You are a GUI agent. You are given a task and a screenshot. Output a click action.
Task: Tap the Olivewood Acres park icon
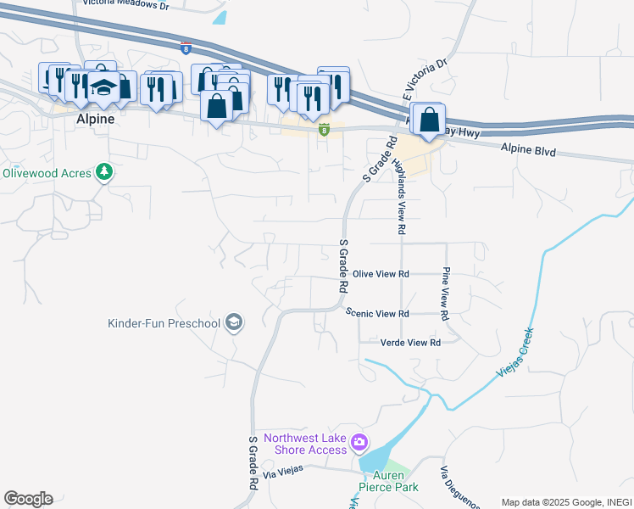point(105,172)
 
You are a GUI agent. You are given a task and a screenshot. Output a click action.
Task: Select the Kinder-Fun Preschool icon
point(234,322)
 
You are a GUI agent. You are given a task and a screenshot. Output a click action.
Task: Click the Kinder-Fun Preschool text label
point(164,323)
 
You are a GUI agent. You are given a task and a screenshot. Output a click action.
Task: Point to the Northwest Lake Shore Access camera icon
point(359,442)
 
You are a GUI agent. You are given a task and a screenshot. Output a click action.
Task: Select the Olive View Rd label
point(381,274)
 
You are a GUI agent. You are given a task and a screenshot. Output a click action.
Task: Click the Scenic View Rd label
point(378,313)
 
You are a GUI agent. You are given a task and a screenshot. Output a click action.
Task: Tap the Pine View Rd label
point(445,294)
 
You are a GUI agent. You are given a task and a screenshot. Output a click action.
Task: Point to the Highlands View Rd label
point(400,196)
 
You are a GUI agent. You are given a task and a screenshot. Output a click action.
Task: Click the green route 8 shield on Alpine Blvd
point(324,129)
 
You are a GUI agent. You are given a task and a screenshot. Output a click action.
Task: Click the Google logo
point(28,499)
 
